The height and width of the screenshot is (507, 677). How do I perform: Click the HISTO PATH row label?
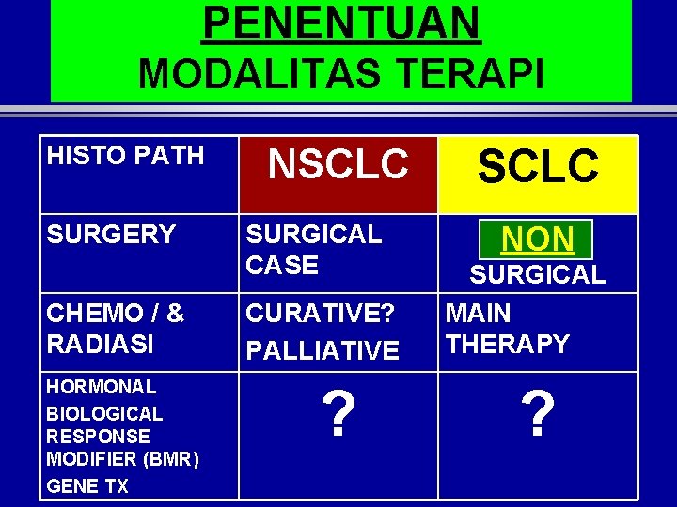tap(125, 155)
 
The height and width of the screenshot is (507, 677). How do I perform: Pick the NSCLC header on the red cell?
tap(338, 165)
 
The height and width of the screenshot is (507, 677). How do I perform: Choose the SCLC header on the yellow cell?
tap(538, 167)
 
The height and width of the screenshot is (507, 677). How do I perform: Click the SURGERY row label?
tap(111, 235)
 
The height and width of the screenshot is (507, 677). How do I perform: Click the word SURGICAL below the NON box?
tap(538, 275)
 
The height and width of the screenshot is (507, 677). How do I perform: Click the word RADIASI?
tap(100, 344)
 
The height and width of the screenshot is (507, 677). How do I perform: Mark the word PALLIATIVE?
tap(323, 351)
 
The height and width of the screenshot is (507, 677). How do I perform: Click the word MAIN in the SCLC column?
tap(479, 313)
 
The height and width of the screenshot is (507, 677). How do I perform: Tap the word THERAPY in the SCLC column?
tap(508, 344)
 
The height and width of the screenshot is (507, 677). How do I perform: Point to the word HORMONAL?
tap(102, 387)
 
